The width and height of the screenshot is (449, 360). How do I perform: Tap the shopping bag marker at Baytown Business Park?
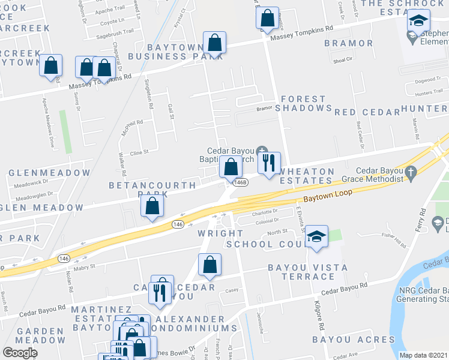click(x=214, y=44)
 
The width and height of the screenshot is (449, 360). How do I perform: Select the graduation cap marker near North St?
click(x=316, y=237)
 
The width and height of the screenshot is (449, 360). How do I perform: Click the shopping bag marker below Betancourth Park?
click(x=153, y=207)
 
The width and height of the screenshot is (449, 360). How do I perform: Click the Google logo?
click(x=20, y=353)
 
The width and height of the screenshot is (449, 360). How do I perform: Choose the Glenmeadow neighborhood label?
click(x=49, y=173)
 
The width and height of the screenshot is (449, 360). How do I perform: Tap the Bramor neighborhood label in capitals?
click(x=349, y=43)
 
